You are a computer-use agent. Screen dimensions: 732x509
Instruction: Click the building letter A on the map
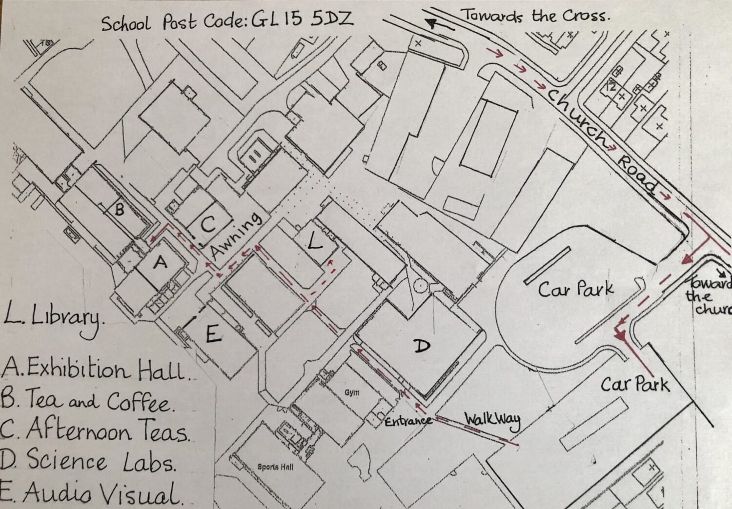point(160,263)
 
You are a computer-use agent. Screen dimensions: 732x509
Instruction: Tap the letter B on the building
point(119,211)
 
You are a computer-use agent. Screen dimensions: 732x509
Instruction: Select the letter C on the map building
point(208,225)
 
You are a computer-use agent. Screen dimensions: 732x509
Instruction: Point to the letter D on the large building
point(422,346)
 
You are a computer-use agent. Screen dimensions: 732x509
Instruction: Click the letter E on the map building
point(213,335)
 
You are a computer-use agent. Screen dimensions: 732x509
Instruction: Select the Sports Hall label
point(275,467)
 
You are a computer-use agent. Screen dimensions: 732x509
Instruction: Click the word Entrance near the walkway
point(408,421)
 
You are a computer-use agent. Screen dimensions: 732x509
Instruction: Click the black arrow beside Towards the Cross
point(437,24)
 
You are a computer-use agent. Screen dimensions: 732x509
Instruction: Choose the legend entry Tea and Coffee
point(88,402)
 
